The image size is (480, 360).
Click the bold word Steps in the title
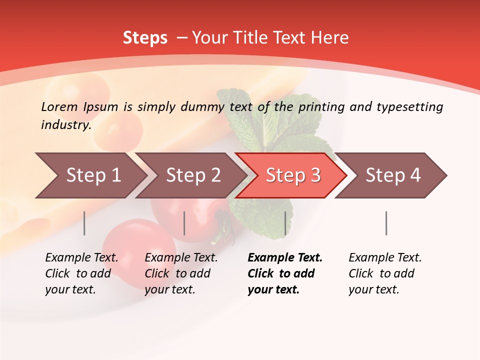coord(145,38)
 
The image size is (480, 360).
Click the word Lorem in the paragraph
coord(59,106)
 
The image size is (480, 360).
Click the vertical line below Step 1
coord(84,223)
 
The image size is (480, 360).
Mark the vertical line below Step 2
coord(184,223)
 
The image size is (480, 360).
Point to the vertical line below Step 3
coord(285,223)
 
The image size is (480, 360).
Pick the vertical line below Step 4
coord(386,223)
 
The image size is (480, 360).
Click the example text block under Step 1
coord(81,273)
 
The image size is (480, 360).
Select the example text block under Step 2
coord(181,273)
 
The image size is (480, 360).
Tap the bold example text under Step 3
coord(284,273)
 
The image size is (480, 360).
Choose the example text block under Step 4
coord(385,273)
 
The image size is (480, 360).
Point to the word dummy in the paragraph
coord(203,106)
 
